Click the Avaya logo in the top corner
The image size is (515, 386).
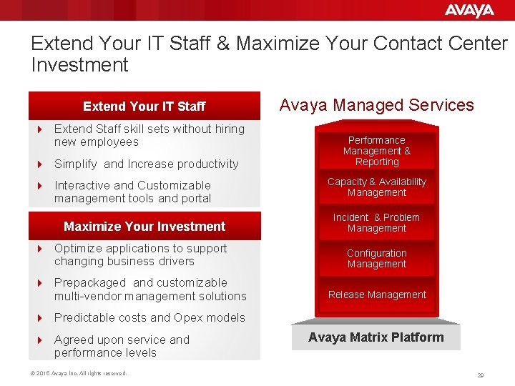469,10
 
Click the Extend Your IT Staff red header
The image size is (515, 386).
144,107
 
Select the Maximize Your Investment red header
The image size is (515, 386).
144,227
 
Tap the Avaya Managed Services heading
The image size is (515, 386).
376,105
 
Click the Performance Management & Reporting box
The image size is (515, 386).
377,151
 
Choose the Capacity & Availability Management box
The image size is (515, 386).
377,187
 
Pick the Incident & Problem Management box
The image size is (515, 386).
377,223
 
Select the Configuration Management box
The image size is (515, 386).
377,259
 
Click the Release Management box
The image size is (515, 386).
377,295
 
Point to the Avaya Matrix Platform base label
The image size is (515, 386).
376,337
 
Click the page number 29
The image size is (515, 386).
481,375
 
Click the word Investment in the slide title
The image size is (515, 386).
79,65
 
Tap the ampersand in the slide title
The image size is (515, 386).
223,44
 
